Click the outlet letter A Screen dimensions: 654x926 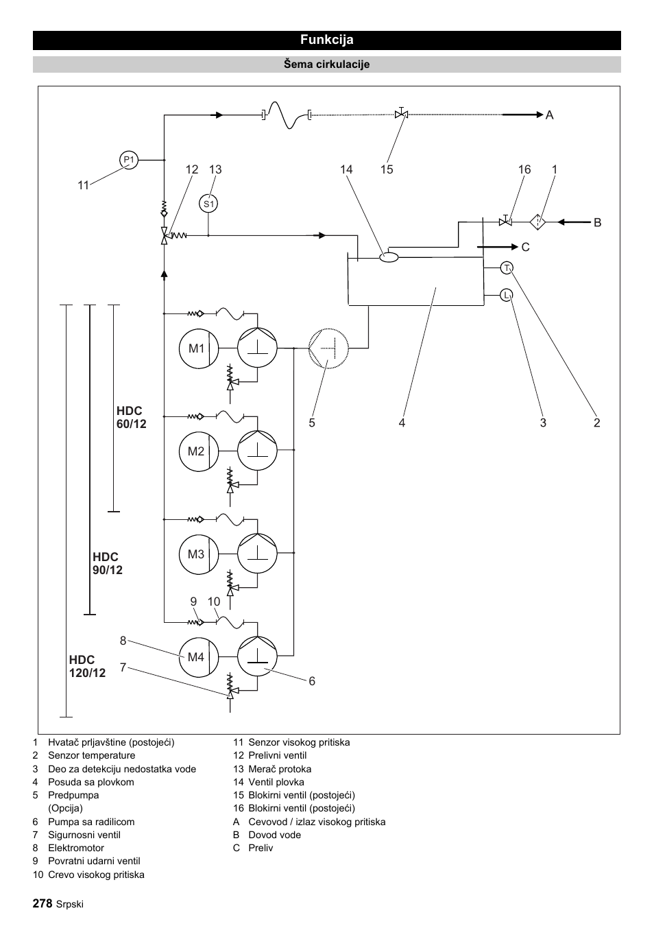click(x=550, y=115)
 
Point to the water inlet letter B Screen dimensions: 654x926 click(x=597, y=222)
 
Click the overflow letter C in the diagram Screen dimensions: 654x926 click(x=526, y=247)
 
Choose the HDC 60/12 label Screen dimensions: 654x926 click(x=132, y=417)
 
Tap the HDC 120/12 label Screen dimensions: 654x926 click(x=87, y=666)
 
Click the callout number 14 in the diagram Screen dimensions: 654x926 click(x=346, y=169)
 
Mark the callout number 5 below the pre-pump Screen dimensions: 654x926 click(x=312, y=423)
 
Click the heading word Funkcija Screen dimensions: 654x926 click(x=327, y=40)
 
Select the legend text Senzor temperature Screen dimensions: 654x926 click(x=92, y=755)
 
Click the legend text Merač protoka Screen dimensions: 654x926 click(x=280, y=769)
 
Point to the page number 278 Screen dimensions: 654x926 click(x=43, y=903)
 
